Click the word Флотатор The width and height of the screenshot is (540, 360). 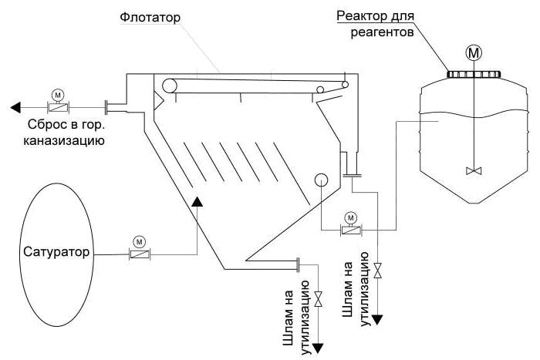(x=150, y=17)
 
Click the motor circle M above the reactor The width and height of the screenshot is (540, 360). (x=474, y=52)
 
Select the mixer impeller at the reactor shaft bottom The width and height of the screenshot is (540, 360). (x=474, y=170)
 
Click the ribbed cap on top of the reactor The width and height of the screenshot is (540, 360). (x=474, y=74)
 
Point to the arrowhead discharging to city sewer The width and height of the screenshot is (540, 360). (x=15, y=108)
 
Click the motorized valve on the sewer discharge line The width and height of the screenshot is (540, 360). (x=58, y=107)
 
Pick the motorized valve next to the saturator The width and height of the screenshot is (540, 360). (x=140, y=254)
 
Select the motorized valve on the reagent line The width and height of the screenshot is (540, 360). (x=351, y=230)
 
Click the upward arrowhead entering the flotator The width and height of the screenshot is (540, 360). (x=197, y=202)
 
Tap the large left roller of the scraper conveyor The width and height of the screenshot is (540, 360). (x=170, y=86)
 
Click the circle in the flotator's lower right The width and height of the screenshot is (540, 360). (x=321, y=180)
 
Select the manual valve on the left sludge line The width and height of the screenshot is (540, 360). (x=319, y=299)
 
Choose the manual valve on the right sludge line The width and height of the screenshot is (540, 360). (x=378, y=271)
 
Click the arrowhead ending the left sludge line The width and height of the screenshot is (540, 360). (x=318, y=348)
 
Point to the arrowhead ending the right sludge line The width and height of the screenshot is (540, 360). (x=378, y=320)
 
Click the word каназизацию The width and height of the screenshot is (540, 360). (x=64, y=140)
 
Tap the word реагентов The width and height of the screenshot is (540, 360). (x=383, y=32)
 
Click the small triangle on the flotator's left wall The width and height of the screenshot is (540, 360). (x=158, y=100)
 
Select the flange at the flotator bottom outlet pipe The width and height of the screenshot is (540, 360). (x=298, y=264)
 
